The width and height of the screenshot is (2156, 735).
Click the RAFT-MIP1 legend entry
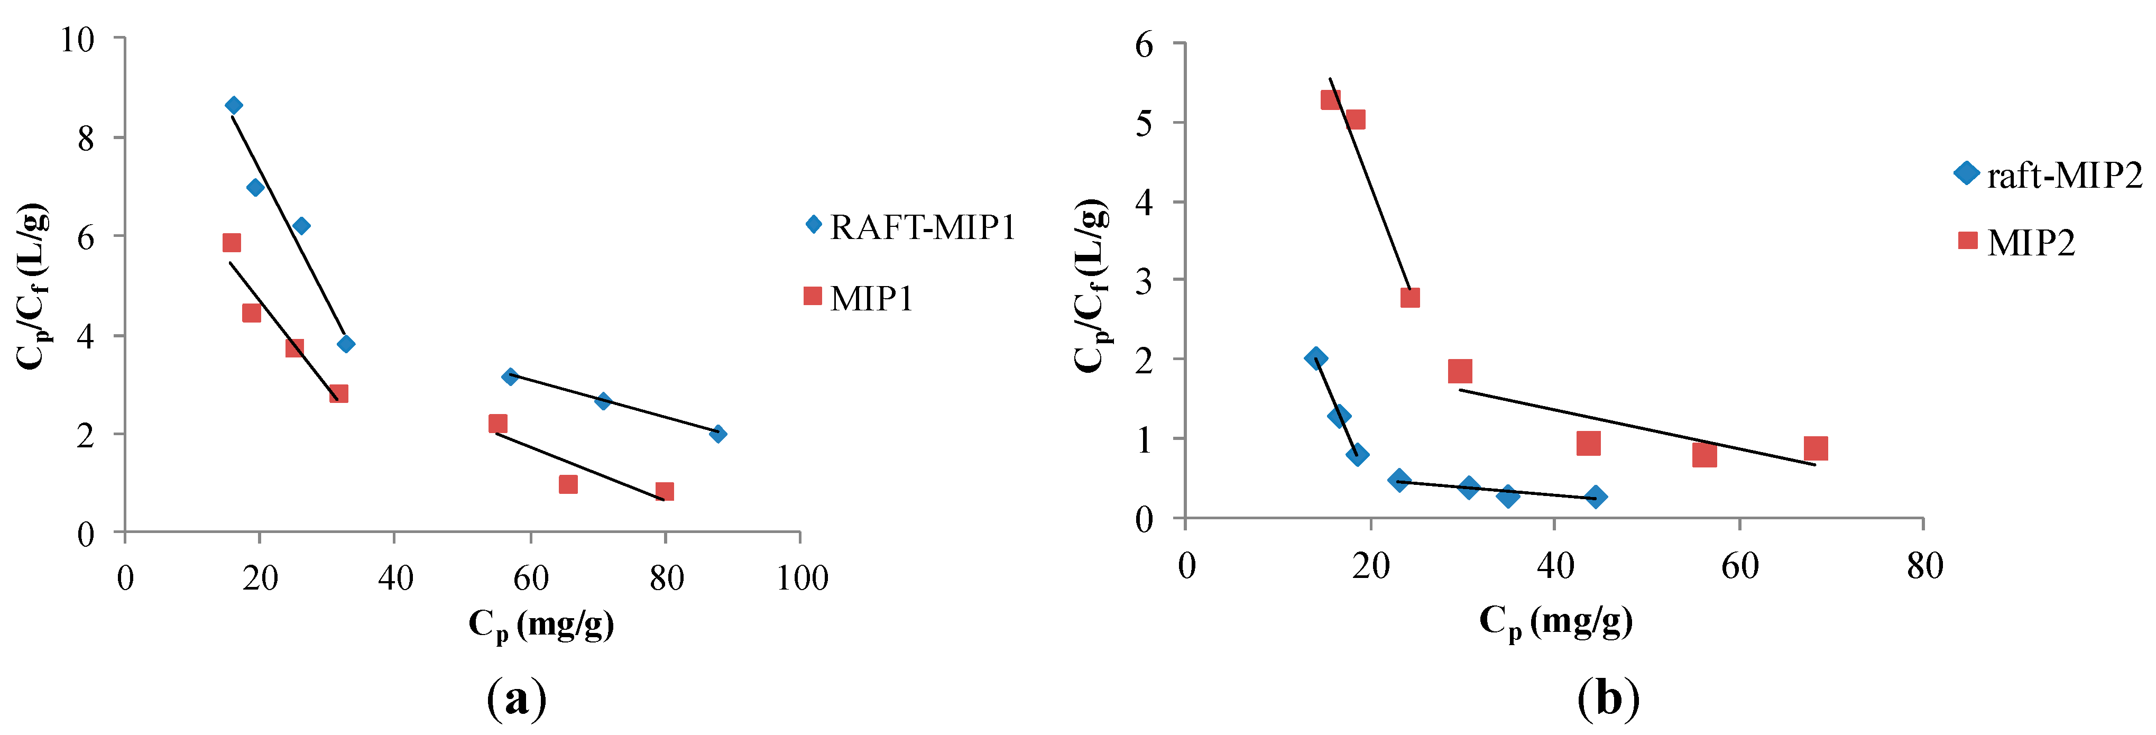pyautogui.click(x=908, y=227)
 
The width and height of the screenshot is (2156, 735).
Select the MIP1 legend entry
pyautogui.click(x=858, y=298)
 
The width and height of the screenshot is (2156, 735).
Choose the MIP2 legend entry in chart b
pyautogui.click(x=2016, y=243)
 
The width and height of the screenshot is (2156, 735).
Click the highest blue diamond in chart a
pyautogui.click(x=234, y=105)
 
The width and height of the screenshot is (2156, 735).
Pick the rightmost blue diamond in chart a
pyautogui.click(x=717, y=434)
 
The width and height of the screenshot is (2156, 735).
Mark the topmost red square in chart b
pyautogui.click(x=1330, y=99)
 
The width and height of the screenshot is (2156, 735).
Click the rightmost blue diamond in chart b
pyautogui.click(x=1595, y=497)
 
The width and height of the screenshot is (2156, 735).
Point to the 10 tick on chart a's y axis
pyautogui.click(x=77, y=39)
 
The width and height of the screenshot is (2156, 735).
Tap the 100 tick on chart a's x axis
pyautogui.click(x=802, y=577)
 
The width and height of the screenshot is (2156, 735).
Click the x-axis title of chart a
pyautogui.click(x=541, y=624)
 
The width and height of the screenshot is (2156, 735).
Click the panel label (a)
pyautogui.click(x=517, y=698)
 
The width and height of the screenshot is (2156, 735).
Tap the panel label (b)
pyautogui.click(x=1608, y=698)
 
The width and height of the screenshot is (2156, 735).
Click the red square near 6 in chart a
pyautogui.click(x=232, y=243)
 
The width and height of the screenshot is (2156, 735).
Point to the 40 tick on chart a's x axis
pyautogui.click(x=395, y=577)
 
